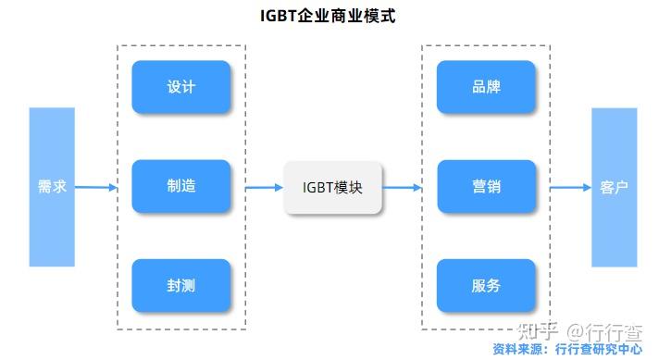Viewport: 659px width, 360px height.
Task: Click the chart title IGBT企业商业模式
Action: [x=329, y=16]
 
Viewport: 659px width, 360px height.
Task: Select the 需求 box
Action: [x=52, y=187]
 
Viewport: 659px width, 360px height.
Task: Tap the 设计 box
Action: [x=181, y=87]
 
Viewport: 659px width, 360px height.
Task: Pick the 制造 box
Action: [x=181, y=187]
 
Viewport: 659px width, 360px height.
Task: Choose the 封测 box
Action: [x=181, y=286]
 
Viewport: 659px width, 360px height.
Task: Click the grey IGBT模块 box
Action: [x=332, y=187]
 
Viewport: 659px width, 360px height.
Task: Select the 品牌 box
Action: [x=486, y=87]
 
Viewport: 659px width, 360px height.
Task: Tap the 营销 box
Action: [x=486, y=187]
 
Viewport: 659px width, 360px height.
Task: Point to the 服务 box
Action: [x=486, y=286]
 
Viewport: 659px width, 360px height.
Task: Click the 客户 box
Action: [x=615, y=187]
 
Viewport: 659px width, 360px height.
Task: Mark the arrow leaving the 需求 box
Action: [x=96, y=187]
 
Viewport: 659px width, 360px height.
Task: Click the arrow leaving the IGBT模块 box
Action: [x=402, y=187]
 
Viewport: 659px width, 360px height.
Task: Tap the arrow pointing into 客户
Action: [x=570, y=187]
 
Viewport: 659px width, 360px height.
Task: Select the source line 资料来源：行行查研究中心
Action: [x=567, y=350]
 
